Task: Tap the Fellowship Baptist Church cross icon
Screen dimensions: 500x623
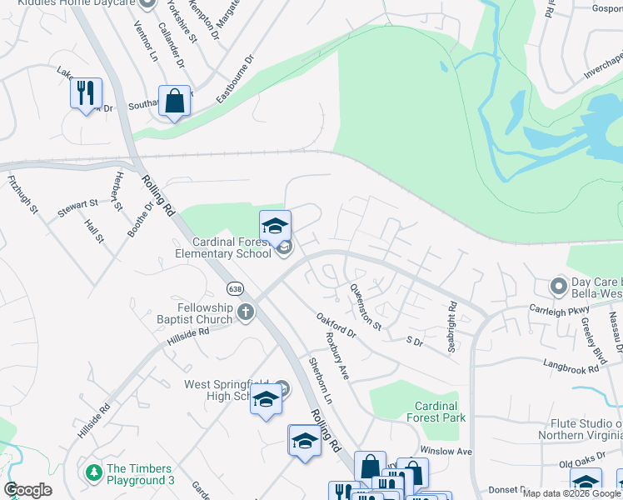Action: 245,312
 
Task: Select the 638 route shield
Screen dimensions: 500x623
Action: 236,288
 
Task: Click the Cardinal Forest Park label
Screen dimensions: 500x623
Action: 429,411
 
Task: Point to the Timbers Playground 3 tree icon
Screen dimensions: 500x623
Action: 94,472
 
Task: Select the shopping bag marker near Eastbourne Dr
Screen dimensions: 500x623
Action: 174,102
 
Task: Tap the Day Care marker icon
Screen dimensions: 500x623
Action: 558,287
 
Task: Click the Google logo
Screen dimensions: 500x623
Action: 27,490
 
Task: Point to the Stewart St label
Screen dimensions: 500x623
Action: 77,208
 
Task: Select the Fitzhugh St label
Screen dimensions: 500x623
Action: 22,194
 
